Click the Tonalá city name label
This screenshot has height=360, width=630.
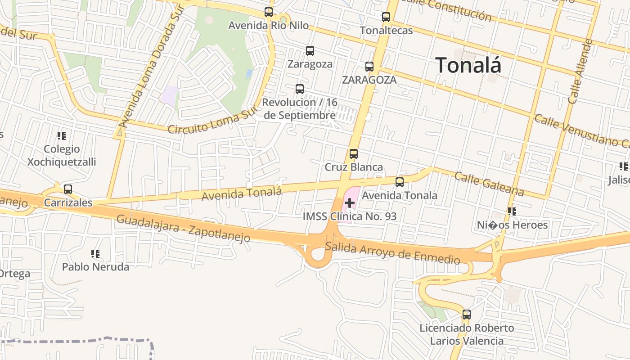[x=468, y=65]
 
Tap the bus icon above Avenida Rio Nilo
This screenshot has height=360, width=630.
[x=269, y=12]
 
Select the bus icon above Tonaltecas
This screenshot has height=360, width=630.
[x=386, y=17]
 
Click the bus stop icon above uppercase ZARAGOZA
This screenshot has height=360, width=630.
[x=369, y=67]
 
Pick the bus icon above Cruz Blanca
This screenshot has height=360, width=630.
[x=354, y=154]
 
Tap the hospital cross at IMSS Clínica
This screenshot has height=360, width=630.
[x=350, y=203]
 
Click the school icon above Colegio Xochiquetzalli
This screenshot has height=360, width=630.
[x=62, y=135]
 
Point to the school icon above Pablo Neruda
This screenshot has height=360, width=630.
[x=95, y=254]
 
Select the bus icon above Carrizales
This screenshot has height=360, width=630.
[x=68, y=189]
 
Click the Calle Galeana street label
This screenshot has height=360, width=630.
[x=489, y=184]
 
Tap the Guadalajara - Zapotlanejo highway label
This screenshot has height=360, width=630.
[x=183, y=229]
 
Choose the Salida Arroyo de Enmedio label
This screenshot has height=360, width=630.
[x=392, y=252]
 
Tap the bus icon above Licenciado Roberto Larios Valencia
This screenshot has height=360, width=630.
[x=467, y=315]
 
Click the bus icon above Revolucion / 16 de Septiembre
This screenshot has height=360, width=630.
[x=300, y=89]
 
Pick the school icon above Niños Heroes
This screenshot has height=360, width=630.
[x=512, y=211]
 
